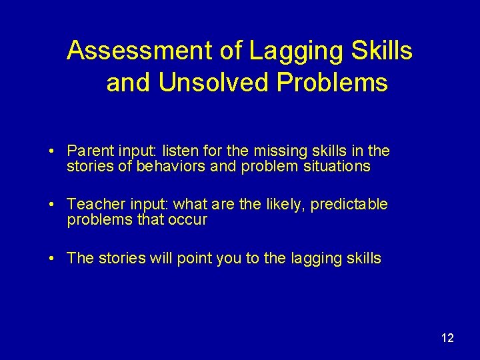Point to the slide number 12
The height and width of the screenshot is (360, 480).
point(447,338)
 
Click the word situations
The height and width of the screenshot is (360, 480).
point(337,167)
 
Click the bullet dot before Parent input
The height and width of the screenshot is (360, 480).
point(52,152)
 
